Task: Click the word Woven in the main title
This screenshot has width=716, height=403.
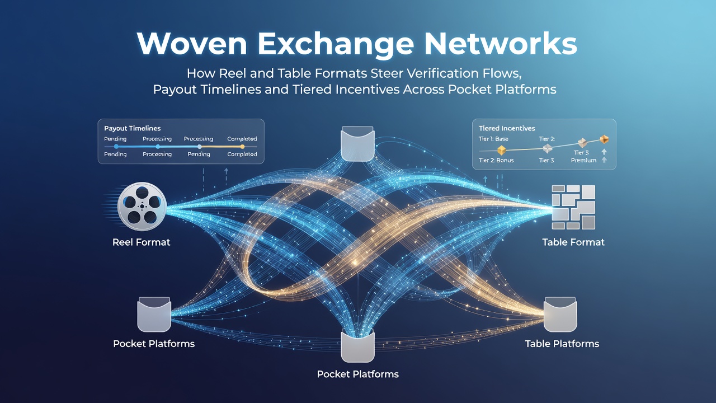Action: (x=192, y=44)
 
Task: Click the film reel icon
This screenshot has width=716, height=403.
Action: (x=142, y=207)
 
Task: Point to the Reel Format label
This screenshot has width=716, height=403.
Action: (x=142, y=242)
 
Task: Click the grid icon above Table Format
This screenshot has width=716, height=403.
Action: (x=573, y=207)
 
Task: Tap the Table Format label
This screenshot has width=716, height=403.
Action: (x=573, y=242)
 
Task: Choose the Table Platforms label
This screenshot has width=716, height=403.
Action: (x=562, y=344)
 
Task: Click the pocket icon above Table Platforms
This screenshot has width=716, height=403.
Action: (x=560, y=315)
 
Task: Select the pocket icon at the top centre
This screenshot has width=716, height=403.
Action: (x=357, y=144)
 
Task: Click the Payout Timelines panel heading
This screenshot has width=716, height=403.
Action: (x=133, y=129)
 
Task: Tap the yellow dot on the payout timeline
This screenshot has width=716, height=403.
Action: (x=242, y=147)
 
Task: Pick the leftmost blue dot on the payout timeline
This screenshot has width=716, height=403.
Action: (x=116, y=147)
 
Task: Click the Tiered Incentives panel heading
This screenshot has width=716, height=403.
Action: (x=507, y=129)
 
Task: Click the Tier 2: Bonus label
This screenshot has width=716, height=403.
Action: (x=496, y=160)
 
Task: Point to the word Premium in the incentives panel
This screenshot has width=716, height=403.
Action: (x=583, y=160)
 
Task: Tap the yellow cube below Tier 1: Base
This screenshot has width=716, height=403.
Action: (x=502, y=150)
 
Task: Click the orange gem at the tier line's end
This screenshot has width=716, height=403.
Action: (x=604, y=139)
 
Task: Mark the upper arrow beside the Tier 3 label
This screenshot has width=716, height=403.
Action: (x=604, y=152)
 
